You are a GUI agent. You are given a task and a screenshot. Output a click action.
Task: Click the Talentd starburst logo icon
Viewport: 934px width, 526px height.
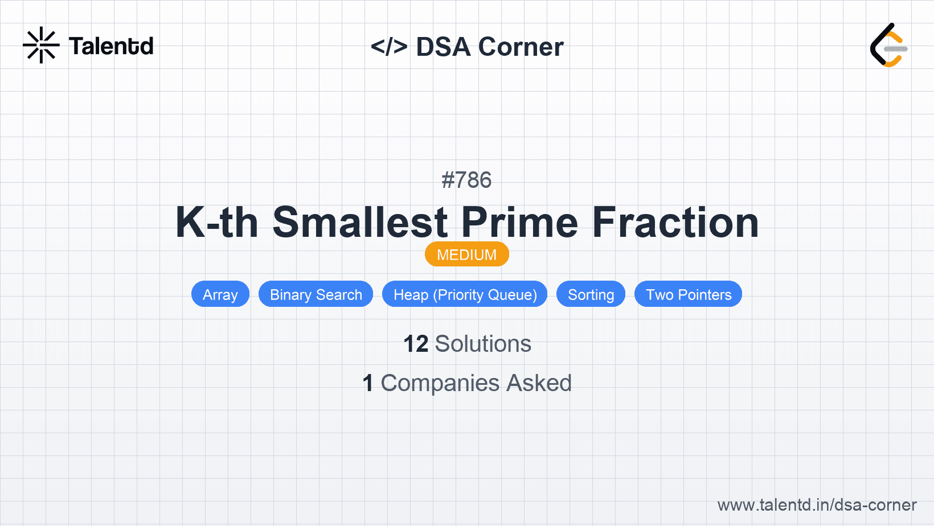pyautogui.click(x=41, y=45)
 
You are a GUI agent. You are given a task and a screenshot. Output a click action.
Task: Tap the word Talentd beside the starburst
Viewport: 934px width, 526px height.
pyautogui.click(x=111, y=46)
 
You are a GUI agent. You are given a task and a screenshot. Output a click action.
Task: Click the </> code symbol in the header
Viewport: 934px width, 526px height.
pyautogui.click(x=389, y=46)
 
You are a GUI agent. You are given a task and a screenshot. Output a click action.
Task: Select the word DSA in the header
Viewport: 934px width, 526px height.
pyautogui.click(x=443, y=47)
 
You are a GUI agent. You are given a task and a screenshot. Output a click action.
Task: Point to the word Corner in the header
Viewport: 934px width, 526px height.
pyautogui.click(x=521, y=47)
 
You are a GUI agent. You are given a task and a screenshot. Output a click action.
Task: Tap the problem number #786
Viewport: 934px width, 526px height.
pyautogui.click(x=466, y=180)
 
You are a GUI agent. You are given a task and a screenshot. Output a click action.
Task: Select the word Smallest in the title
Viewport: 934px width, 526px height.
pyautogui.click(x=361, y=223)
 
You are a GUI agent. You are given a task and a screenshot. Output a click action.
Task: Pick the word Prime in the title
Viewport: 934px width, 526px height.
pyautogui.click(x=519, y=223)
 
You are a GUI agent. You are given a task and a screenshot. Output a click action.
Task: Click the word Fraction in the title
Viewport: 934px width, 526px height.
pyautogui.click(x=675, y=223)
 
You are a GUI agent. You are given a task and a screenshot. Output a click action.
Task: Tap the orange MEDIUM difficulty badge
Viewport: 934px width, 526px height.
pyautogui.click(x=467, y=254)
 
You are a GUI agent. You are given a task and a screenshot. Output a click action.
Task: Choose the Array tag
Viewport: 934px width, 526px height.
pyautogui.click(x=220, y=294)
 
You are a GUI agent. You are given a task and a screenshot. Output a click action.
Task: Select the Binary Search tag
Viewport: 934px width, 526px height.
pyautogui.click(x=316, y=294)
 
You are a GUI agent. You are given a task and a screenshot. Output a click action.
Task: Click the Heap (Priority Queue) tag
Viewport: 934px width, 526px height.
pyautogui.click(x=465, y=294)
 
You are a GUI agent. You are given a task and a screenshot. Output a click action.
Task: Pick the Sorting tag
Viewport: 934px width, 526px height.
pyautogui.click(x=591, y=294)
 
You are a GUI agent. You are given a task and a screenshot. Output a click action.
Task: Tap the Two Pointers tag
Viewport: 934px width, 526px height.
pyautogui.click(x=689, y=294)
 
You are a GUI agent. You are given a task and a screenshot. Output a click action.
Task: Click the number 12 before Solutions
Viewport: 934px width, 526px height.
pyautogui.click(x=416, y=344)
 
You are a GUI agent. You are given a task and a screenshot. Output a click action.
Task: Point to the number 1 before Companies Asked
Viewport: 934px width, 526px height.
pyautogui.click(x=368, y=383)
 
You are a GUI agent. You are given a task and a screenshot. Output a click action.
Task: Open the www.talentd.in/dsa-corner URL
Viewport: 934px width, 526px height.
pyautogui.click(x=817, y=505)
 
